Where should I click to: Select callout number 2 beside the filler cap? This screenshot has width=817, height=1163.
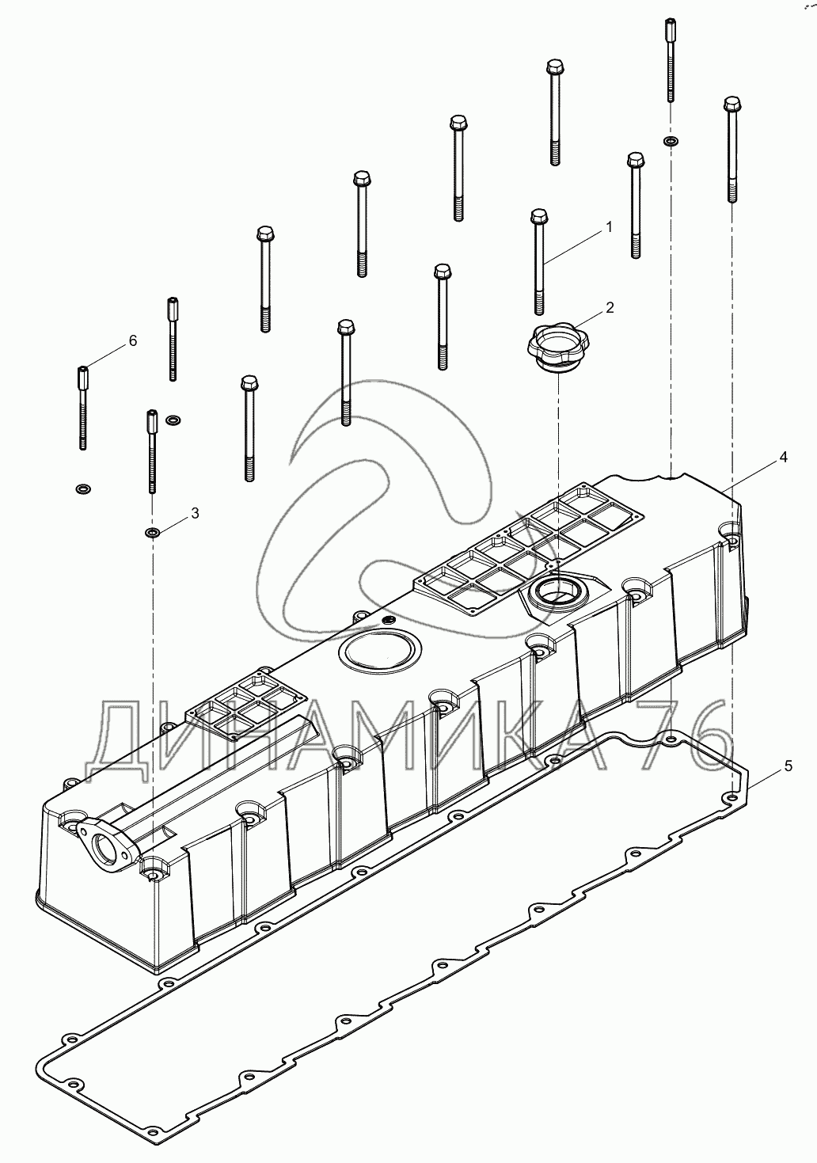coord(610,307)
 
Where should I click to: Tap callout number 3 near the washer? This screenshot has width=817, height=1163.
coord(195,514)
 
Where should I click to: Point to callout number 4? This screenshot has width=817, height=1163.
coord(783,458)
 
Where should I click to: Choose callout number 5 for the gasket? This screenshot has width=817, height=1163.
coord(788,766)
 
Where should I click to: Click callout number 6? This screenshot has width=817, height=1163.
coord(133,340)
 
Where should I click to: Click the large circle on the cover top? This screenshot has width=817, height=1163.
coord(379,648)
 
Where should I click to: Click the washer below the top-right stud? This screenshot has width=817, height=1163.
coord(671,141)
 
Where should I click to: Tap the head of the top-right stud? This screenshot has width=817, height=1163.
coord(670,25)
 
